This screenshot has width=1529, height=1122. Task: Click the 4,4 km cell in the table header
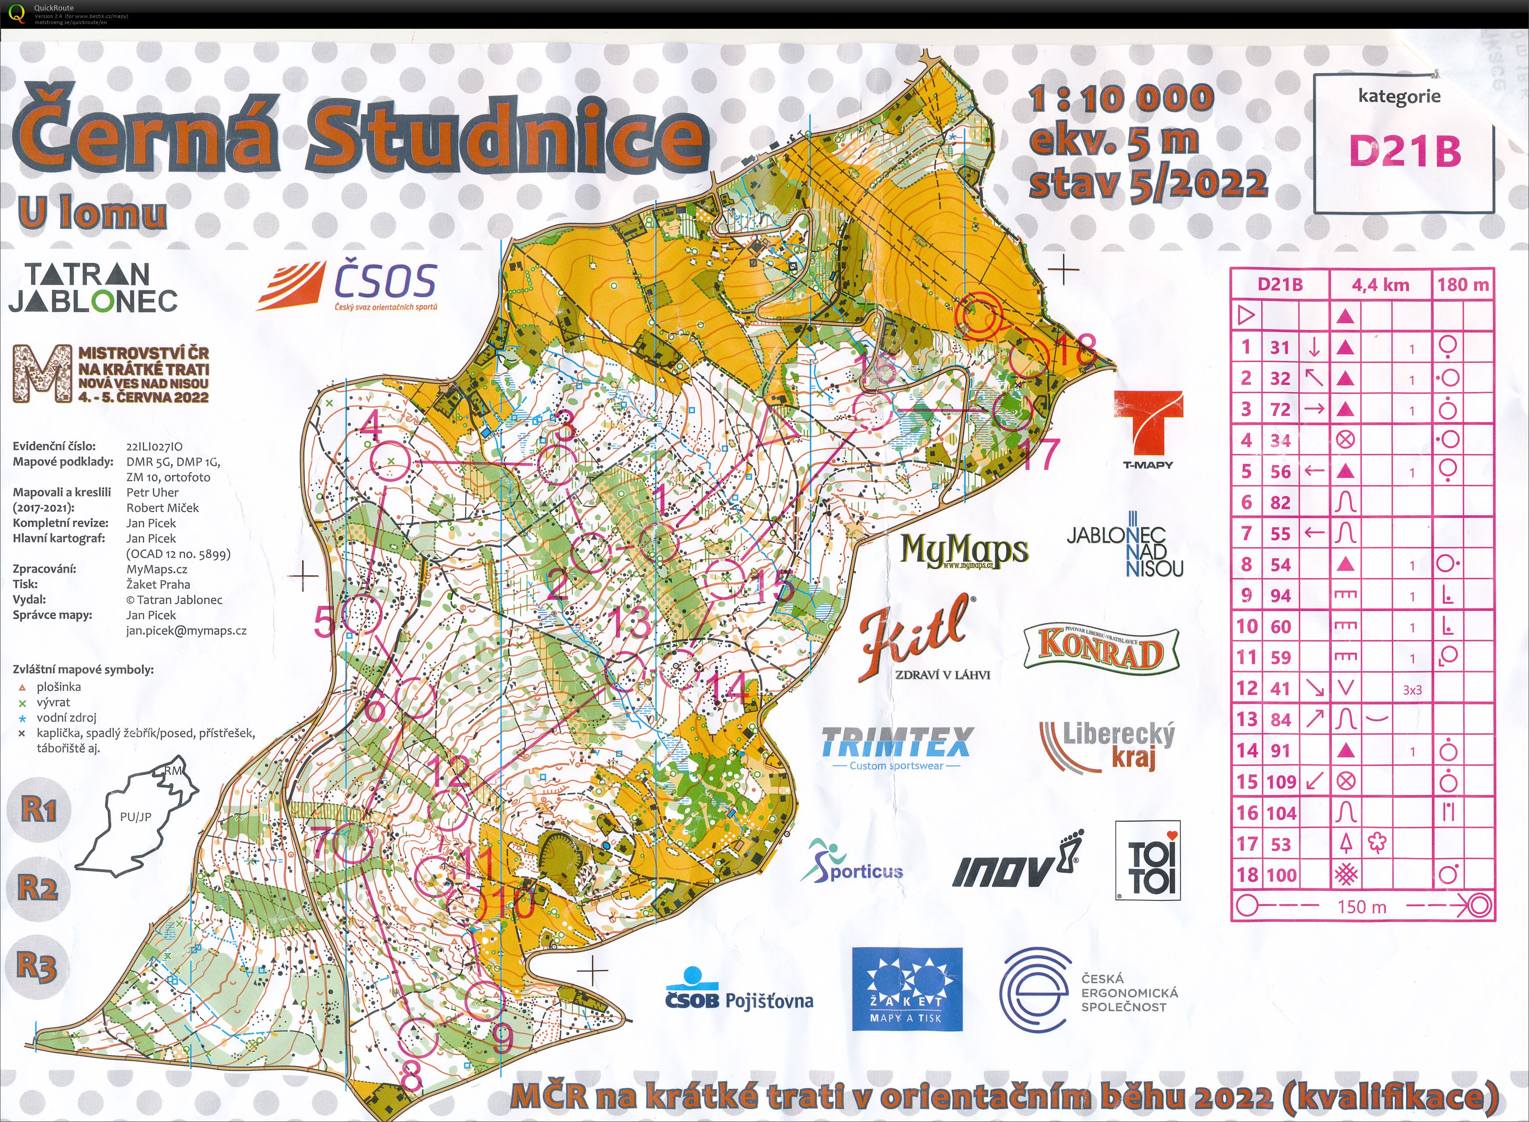point(1380,285)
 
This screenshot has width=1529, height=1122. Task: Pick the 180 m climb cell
point(1462,285)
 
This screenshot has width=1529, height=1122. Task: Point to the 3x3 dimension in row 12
point(1412,690)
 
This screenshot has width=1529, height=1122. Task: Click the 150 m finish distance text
point(1361,907)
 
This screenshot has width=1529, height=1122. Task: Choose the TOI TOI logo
point(1147,861)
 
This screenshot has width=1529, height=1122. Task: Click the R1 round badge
point(38,809)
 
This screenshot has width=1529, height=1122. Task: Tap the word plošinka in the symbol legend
point(59,687)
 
